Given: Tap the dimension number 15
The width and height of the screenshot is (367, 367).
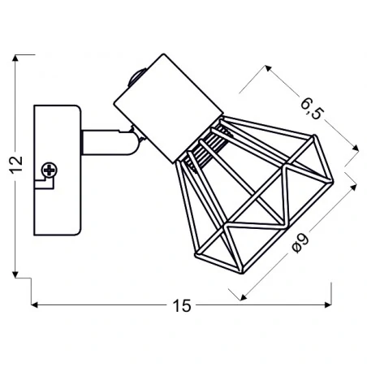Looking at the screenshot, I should pos(182,305).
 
